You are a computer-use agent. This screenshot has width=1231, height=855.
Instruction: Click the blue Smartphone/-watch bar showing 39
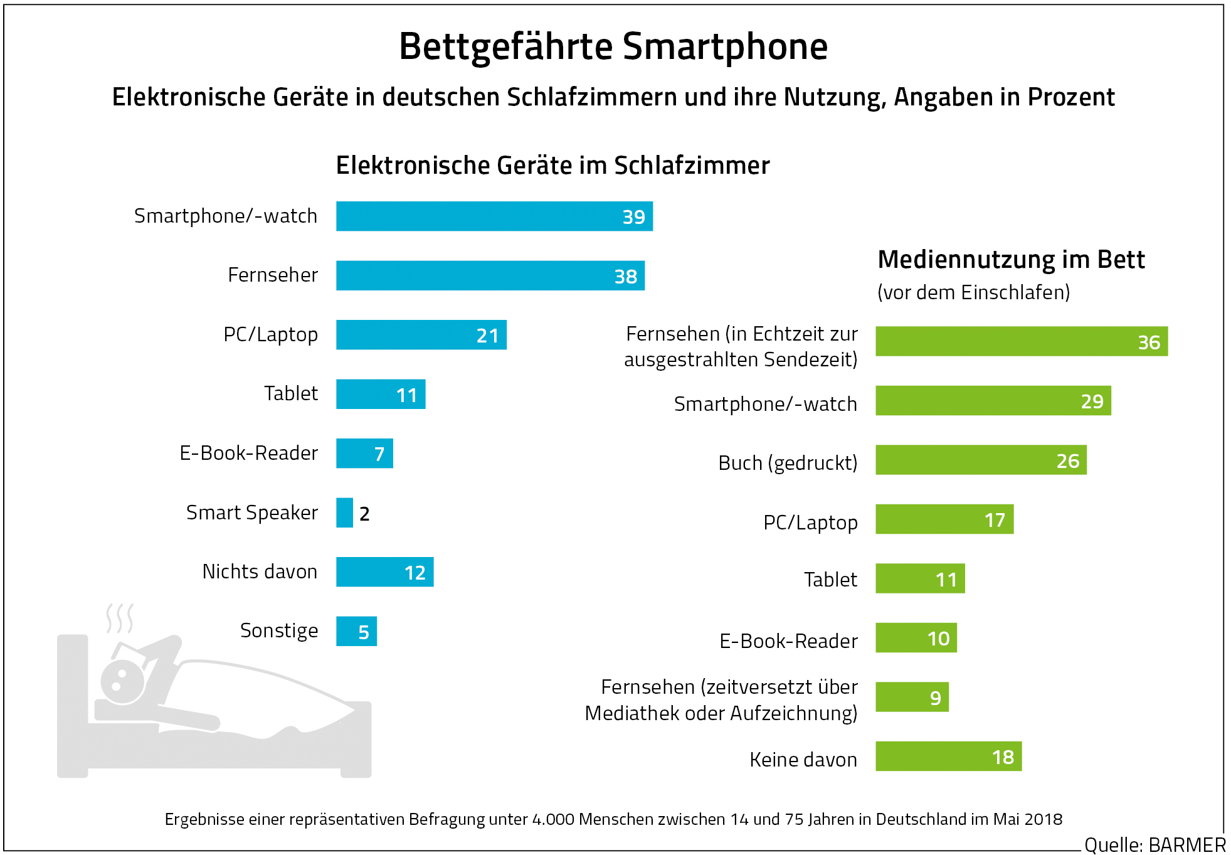494,216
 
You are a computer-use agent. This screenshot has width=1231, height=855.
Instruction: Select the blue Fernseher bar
490,276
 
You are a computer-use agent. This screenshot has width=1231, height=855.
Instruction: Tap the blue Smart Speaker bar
344,513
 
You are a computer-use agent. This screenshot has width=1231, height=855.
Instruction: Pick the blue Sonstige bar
356,632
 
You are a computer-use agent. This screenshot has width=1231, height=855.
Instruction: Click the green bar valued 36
1021,341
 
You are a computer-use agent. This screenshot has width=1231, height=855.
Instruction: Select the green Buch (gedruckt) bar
980,460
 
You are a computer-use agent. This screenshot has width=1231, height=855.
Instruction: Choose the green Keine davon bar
948,757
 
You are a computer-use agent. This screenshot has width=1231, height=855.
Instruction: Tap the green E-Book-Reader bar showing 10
916,638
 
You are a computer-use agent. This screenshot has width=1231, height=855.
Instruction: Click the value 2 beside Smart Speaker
364,514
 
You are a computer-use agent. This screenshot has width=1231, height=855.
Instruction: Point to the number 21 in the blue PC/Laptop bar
487,336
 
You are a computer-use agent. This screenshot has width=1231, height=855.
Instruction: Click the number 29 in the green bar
1092,401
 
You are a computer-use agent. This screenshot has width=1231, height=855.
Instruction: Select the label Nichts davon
260,571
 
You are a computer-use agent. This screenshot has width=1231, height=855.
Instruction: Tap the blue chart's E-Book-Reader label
248,453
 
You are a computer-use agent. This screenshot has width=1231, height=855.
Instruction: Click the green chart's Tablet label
830,580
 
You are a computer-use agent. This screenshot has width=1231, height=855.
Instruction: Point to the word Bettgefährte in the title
505,46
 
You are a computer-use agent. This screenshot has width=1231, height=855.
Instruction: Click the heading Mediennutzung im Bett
1011,260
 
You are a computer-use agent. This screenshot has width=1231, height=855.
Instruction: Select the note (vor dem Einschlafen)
973,292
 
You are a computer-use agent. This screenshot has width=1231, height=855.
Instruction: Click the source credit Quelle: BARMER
1154,844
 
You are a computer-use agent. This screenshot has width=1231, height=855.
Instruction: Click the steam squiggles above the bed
119,618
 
